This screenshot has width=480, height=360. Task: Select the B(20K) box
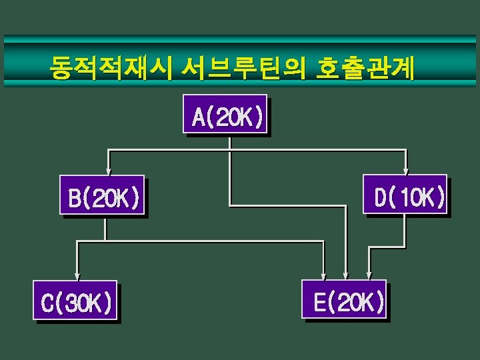[x=102, y=195]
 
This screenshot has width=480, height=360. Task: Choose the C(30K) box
[x=75, y=301]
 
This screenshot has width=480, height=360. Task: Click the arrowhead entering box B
[x=108, y=170]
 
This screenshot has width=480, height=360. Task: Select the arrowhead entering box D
[x=406, y=170]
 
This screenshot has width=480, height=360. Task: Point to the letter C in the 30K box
[x=47, y=303]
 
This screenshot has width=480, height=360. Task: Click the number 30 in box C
[x=75, y=303]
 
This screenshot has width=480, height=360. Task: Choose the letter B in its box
[x=75, y=198]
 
